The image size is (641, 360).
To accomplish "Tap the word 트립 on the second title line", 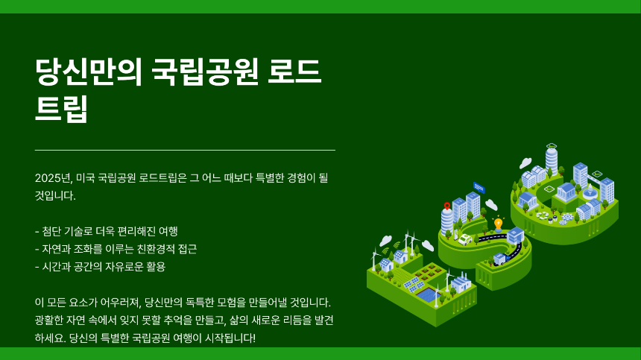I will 62,109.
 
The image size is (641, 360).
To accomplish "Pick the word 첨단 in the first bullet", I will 52,231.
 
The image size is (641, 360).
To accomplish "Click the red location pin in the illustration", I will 447,206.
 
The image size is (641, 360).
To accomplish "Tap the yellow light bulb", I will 498,224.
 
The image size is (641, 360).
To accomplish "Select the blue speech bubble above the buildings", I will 479,187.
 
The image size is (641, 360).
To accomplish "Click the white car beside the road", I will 465,239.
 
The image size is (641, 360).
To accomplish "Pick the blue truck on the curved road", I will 499,259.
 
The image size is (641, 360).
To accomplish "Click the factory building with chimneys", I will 460,283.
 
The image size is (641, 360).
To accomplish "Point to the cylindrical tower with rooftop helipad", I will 552,158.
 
